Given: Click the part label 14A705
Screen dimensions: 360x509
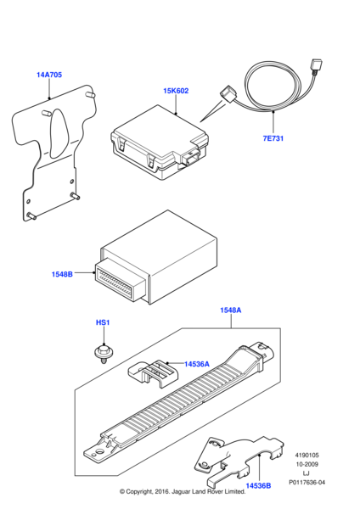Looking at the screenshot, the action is pos(49,75).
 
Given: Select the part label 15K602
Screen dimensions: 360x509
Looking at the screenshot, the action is pos(176,91).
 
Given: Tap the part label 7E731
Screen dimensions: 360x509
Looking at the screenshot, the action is pos(273,138).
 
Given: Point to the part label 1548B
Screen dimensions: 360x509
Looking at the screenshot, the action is pos(62,274).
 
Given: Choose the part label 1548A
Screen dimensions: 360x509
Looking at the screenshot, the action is pos(231,310).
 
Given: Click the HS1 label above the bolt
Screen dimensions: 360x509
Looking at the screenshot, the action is pos(103,322).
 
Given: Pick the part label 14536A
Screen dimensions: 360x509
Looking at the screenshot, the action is pos(197,364).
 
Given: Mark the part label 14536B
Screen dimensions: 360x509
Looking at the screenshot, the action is pos(258,485).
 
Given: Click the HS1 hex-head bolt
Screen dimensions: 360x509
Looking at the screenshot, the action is pos(103,353).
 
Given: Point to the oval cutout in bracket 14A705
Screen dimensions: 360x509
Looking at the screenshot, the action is pos(59,131).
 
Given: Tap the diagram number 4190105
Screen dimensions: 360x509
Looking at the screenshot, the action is pos(307,456).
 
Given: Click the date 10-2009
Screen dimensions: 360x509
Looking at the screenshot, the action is pos(307,464).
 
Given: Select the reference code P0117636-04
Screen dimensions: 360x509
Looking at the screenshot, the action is pos(307,483).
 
